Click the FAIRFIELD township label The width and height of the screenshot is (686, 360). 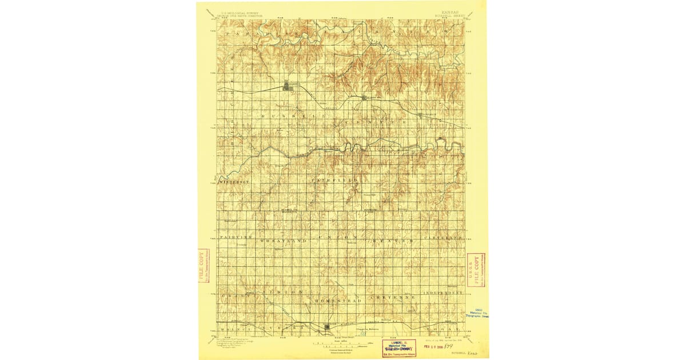pos(335,180)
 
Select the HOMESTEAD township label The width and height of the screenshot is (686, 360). pos(338,299)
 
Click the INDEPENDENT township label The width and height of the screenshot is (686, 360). pos(443,293)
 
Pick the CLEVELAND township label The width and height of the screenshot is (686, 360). pos(443,237)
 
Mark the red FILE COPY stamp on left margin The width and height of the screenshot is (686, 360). pos(202,266)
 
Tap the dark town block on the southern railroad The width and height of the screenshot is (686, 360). pos(326,327)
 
